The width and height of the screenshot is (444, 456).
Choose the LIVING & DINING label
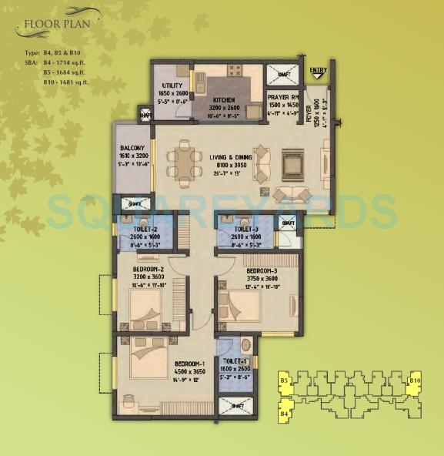tap(230, 157)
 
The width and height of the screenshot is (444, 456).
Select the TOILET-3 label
tap(245, 230)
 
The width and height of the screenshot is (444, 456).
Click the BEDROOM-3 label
tap(262, 271)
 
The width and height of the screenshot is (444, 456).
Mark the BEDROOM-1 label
tap(189, 363)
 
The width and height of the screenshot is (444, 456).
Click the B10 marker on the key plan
tap(415, 381)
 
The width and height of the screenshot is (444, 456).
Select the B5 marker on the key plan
tap(284, 381)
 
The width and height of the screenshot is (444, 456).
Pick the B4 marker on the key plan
tap(284, 414)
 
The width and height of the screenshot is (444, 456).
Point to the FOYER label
tap(308, 115)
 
